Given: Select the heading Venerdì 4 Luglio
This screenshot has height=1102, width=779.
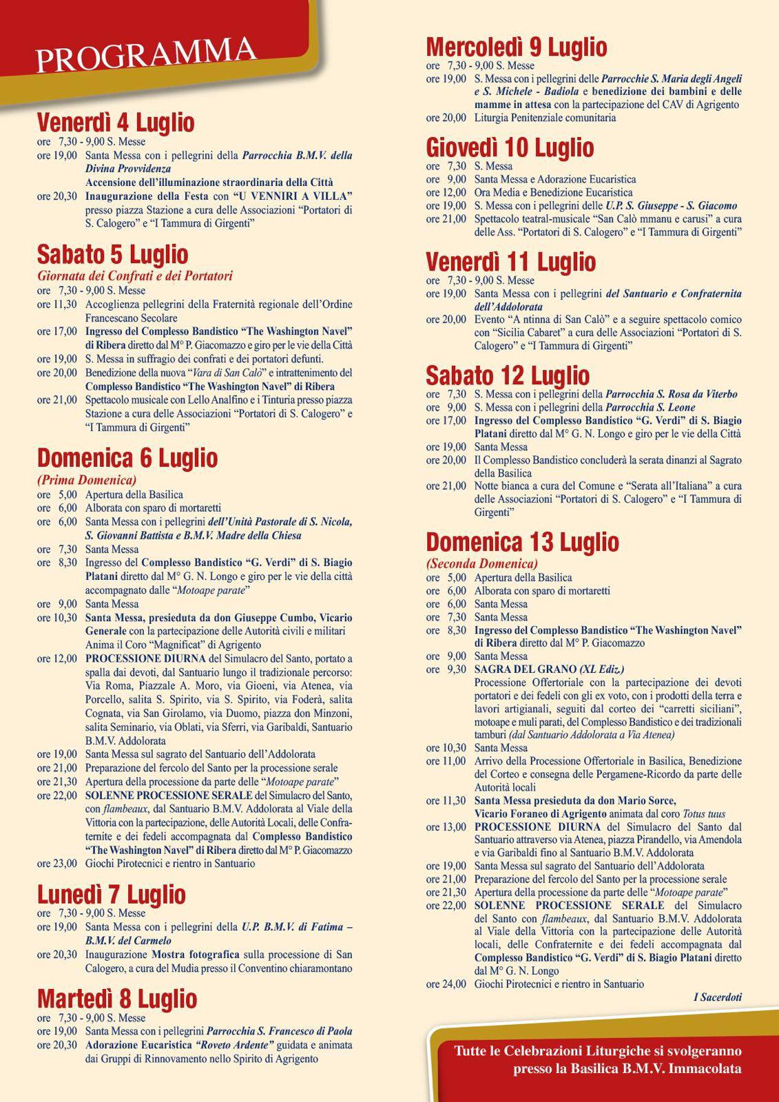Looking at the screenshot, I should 116,123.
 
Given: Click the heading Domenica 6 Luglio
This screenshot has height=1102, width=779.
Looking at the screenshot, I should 127,458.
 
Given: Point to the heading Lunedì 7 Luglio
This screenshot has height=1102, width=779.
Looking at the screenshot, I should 112,895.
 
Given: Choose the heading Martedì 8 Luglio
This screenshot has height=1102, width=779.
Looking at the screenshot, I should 117,999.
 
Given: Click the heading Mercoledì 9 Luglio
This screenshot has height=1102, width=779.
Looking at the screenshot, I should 517,47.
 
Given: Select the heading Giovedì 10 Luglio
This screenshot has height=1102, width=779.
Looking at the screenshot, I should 510,147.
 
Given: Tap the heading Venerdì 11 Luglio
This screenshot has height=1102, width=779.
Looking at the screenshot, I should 510,262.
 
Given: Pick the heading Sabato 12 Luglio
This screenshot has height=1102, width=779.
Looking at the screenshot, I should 508,376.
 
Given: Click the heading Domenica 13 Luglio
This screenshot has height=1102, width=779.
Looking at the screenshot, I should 522,542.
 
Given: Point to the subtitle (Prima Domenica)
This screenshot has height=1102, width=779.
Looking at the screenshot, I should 87,480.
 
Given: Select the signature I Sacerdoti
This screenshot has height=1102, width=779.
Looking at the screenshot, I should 717,997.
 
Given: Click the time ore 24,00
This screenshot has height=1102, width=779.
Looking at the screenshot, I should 446,984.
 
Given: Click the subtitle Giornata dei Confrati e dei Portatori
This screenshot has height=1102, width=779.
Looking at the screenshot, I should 135,276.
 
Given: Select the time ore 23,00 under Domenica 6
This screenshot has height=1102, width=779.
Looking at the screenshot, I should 57,863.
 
